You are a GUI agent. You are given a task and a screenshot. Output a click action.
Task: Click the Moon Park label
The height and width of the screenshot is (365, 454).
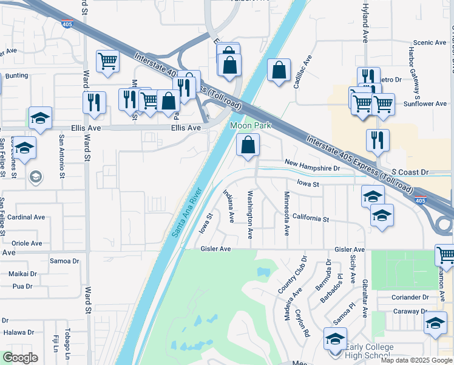point(250,126)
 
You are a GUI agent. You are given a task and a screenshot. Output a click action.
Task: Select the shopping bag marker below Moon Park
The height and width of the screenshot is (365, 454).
point(248,145)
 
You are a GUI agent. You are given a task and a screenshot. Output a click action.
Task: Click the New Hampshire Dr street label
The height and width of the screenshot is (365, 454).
point(313,167)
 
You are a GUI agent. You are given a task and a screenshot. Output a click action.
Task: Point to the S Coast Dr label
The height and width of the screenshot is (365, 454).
point(410,173)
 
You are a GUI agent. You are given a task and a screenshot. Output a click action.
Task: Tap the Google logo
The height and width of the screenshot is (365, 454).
point(20,357)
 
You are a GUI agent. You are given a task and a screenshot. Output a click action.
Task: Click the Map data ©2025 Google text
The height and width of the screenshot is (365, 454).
point(416,360)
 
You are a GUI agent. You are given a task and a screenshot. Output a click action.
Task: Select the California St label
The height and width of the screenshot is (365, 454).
point(310,218)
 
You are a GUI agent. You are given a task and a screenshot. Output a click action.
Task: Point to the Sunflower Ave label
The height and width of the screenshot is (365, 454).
point(425,104)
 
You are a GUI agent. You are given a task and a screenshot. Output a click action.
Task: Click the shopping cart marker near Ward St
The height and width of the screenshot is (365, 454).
point(107,61)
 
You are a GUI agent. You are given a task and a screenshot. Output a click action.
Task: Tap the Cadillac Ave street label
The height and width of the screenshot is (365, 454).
point(302,72)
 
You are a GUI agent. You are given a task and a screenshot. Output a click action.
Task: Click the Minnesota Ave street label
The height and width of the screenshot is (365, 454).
point(286,206)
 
